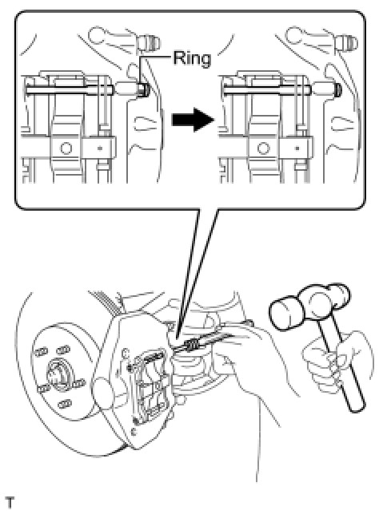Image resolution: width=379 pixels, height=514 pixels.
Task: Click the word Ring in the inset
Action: coord(192,58)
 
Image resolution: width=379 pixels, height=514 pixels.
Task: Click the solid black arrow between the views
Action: coord(193,120)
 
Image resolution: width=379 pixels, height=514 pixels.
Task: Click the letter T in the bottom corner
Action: coord(10,503)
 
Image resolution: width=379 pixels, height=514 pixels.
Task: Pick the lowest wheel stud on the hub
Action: coord(65,403)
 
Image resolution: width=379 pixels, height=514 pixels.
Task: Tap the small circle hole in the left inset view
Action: coord(66,148)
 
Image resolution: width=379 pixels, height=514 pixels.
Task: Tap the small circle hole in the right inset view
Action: coord(263,148)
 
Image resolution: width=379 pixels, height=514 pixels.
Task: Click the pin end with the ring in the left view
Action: coord(144,89)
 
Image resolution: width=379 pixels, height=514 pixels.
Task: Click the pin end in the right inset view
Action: coord(338,89)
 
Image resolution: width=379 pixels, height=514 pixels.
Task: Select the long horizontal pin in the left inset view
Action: coord(70,89)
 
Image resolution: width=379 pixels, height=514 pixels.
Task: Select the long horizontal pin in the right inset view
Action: coord(267,89)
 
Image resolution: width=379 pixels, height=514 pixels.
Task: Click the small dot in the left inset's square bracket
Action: coord(100,148)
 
